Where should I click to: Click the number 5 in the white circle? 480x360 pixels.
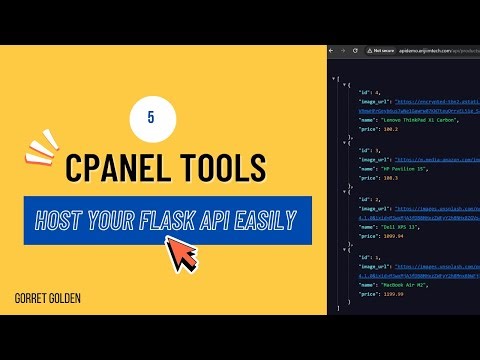pos(149,116)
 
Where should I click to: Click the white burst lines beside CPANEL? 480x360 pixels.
pos(40,150)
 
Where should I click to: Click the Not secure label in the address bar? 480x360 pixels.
pos(385,49)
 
